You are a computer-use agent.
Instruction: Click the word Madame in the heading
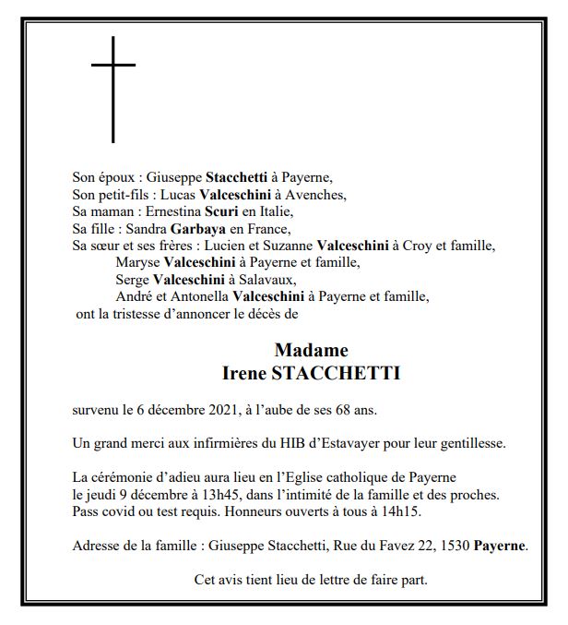[311, 351]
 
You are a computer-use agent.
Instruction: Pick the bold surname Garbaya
[196, 229]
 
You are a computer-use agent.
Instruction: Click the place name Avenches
[316, 195]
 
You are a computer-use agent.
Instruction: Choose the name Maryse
[136, 263]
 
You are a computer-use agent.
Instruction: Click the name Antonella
[198, 297]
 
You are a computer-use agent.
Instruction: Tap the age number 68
[339, 410]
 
